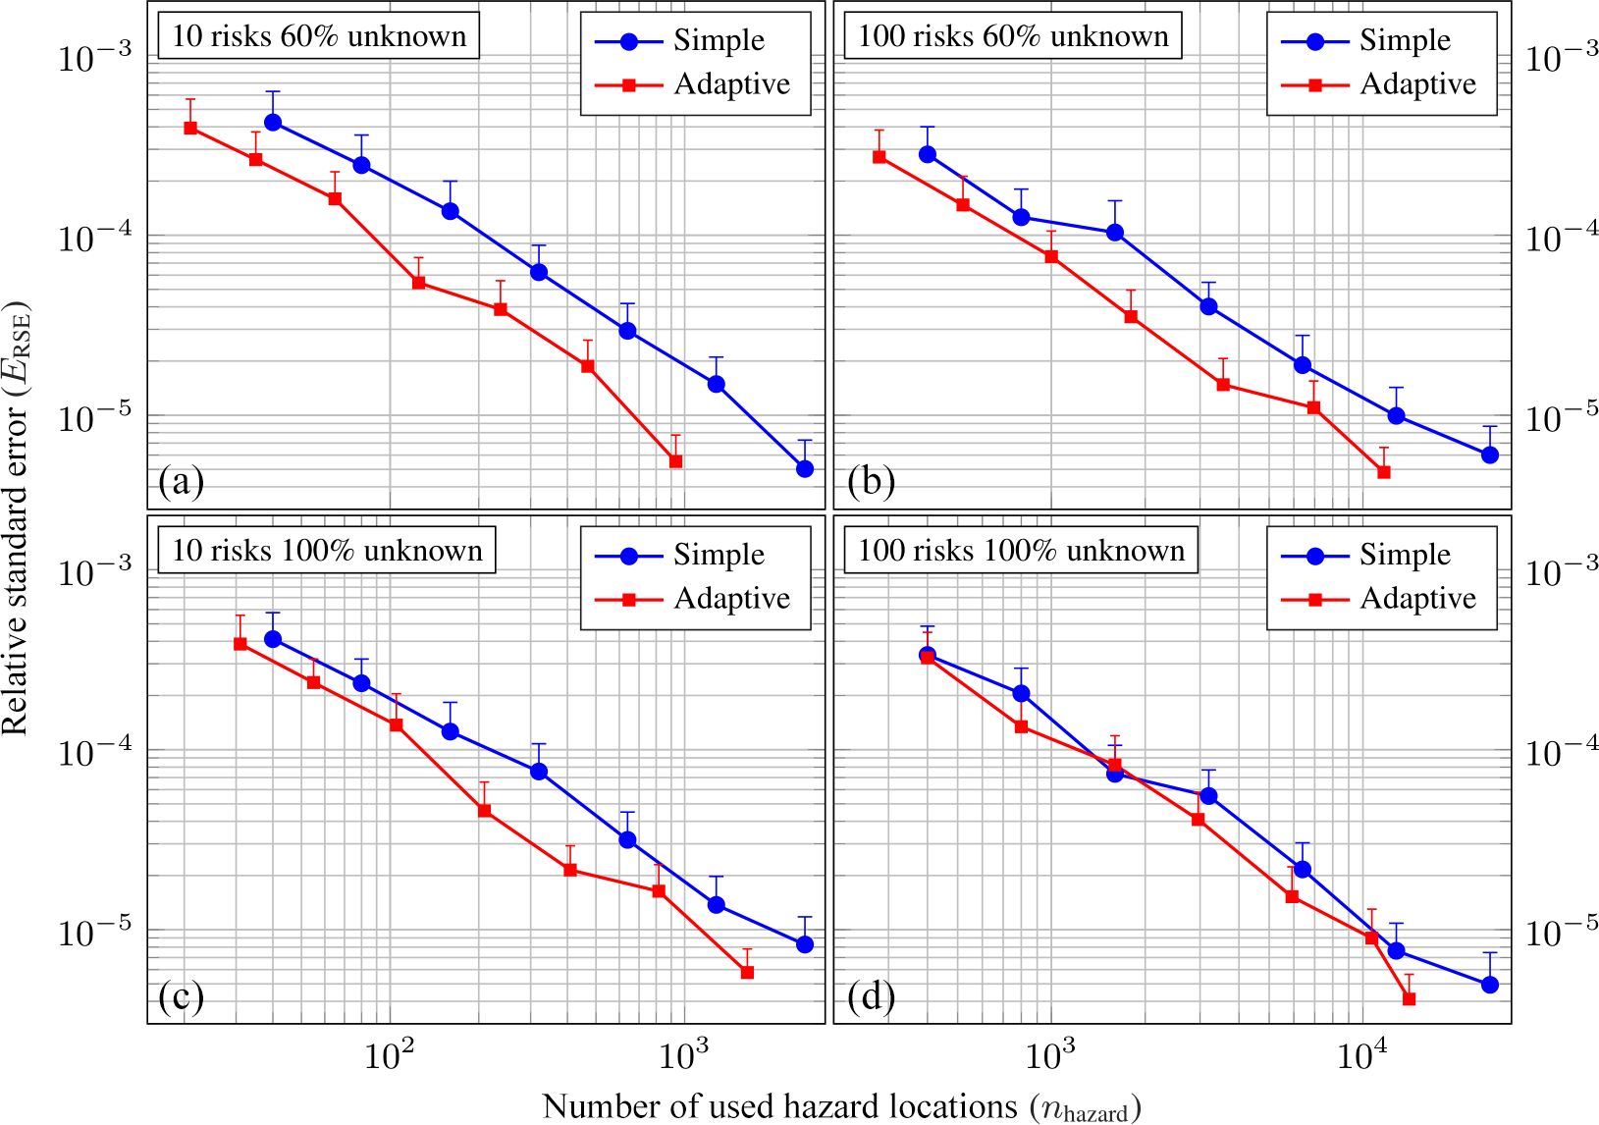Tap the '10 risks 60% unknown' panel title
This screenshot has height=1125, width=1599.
[319, 36]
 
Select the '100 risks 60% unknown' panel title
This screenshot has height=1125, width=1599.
[1013, 36]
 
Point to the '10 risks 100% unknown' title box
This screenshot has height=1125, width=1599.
[327, 551]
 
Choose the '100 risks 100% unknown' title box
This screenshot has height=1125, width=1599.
[1021, 551]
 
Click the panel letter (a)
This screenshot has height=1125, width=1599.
[182, 481]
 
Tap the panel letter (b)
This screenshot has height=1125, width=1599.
[871, 481]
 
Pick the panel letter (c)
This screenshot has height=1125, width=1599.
[182, 996]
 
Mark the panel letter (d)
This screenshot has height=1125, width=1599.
[871, 996]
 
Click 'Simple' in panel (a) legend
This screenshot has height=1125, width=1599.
[719, 40]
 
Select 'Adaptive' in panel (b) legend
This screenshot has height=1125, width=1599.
[1417, 84]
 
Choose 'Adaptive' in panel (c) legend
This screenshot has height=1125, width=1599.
[731, 599]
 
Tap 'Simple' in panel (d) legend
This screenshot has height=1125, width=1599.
[1405, 555]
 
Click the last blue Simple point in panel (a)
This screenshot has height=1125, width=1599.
[805, 469]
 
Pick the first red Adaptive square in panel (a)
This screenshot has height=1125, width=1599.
[190, 128]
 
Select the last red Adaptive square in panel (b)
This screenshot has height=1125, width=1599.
[1384, 472]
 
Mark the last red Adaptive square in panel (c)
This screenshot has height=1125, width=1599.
[747, 973]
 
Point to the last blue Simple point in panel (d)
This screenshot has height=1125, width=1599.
[1490, 985]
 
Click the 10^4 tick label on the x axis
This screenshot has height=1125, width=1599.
[1361, 1056]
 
